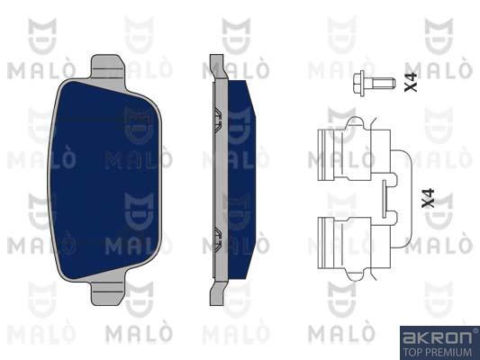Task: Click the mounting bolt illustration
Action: pos(374,83)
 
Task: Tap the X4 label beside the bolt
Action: pos(411,82)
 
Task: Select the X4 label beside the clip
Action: pos(428,199)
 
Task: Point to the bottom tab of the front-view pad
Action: pos(108,292)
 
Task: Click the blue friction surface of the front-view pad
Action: pos(104,181)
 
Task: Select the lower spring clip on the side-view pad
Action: pos(217,239)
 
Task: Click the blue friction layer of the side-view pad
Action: pos(241,180)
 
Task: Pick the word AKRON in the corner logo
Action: pos(437,337)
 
